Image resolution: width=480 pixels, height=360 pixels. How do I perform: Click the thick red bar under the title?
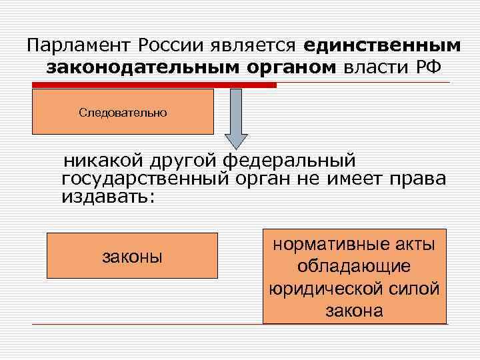tap(154, 85)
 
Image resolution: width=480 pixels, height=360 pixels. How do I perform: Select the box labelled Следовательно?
tap(123, 112)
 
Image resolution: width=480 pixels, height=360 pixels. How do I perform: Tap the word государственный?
tap(146, 179)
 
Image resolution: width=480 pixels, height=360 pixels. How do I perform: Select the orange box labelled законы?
tap(132, 255)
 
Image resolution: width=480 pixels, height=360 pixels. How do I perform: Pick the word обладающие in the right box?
tap(354, 267)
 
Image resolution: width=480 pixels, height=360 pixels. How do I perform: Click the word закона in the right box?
tap(354, 311)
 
